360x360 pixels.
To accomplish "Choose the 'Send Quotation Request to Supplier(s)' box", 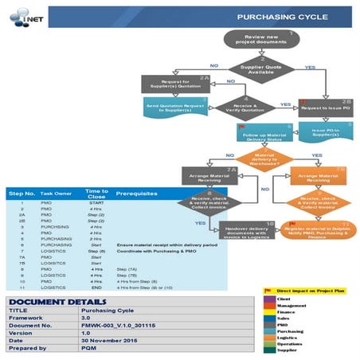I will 175,105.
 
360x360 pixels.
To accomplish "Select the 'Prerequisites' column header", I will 135,194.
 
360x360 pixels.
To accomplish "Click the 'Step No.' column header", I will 22,194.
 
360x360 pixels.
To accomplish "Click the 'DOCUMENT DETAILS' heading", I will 53,300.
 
